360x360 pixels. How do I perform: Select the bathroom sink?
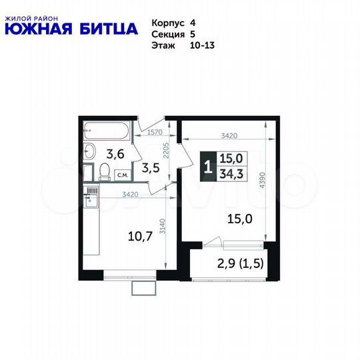tap(90, 149)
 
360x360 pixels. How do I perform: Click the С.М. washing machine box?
tap(123, 175)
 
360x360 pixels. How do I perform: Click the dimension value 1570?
tap(155, 133)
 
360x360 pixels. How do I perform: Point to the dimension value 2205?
tap(170, 155)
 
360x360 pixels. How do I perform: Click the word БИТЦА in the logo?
tap(106, 28)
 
